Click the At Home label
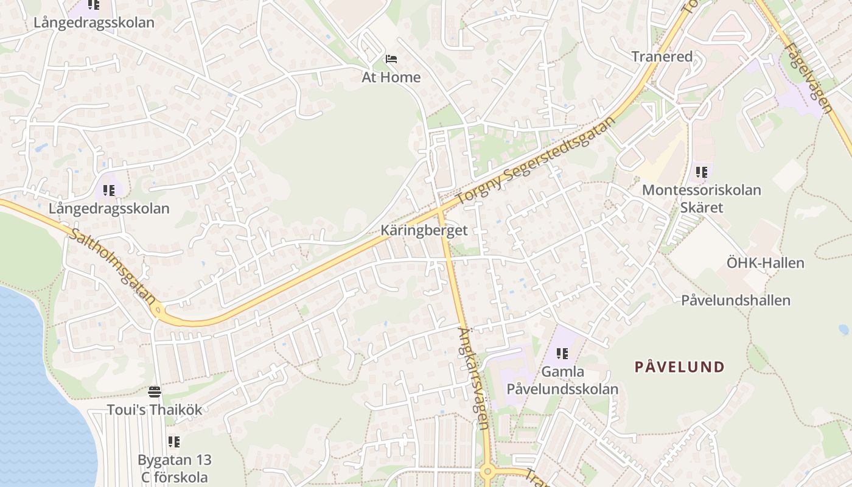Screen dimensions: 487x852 391,77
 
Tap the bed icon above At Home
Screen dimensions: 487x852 391,59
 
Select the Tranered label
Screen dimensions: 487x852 662,57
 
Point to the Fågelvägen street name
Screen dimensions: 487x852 808,76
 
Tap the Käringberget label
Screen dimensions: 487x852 424,230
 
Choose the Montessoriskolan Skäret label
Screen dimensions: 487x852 701,198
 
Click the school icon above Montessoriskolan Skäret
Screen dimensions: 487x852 702,172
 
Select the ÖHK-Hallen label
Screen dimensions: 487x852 765,263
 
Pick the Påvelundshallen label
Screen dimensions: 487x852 735,300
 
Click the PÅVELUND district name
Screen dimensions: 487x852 679,366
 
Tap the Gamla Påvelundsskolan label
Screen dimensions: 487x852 562,380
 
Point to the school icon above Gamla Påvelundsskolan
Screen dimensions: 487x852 562,353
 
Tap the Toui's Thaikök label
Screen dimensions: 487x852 155,410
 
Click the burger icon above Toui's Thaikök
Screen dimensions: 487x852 155,391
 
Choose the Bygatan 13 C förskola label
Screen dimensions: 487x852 174,469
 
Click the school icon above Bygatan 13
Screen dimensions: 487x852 174,441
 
